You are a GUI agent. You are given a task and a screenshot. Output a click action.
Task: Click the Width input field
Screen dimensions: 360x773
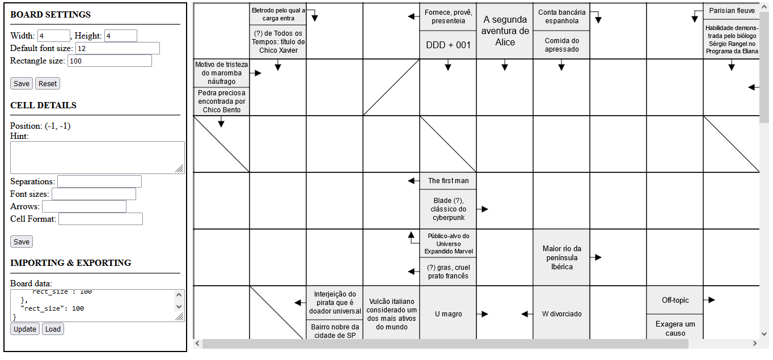point(54,36)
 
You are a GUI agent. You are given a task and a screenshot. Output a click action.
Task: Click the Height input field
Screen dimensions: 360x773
point(121,36)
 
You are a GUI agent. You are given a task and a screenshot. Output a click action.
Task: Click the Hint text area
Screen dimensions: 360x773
point(97,157)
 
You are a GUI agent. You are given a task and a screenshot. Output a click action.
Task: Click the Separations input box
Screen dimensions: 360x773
point(99,181)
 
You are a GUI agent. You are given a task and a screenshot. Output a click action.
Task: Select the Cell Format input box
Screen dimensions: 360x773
point(100,219)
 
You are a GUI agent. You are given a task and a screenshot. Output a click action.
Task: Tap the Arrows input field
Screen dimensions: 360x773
point(84,206)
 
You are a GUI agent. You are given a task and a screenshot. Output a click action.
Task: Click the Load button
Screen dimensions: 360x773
point(53,329)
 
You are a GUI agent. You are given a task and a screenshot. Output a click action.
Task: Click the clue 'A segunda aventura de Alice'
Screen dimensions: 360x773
point(505,31)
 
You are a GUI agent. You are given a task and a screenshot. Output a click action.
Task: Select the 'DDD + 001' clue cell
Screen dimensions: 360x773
point(448,45)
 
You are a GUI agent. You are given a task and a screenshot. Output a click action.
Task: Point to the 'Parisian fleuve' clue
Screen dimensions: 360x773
point(732,11)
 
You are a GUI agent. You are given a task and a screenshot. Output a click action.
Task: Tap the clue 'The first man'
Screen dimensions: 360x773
point(448,181)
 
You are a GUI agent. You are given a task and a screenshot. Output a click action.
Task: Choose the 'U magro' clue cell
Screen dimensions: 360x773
point(448,314)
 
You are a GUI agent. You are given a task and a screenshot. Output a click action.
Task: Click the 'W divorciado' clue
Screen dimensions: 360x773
point(561,314)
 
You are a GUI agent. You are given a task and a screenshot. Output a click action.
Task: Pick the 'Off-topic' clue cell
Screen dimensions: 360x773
point(675,300)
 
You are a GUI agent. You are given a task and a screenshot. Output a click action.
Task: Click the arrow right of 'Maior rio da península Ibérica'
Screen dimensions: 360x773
point(597,257)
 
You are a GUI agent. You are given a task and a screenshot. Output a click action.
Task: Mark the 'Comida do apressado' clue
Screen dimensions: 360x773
point(561,45)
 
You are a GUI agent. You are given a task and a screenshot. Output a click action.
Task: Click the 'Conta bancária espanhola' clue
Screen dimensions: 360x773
point(561,16)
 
